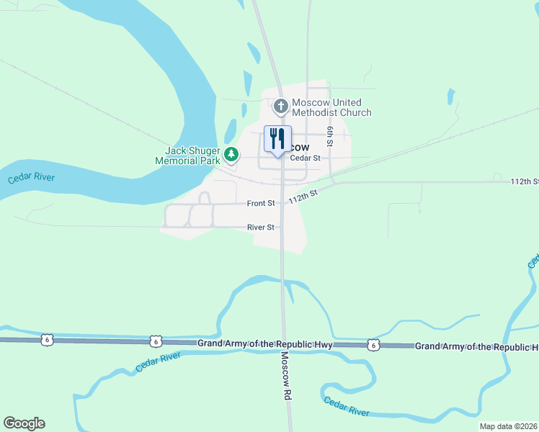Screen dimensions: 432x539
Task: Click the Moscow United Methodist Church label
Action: [x=331, y=107]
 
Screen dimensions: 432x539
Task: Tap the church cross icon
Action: [x=281, y=107]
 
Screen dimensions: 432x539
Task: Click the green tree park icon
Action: [x=231, y=154]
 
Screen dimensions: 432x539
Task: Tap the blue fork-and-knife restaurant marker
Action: [x=277, y=139]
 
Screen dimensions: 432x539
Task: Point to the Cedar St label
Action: [x=305, y=158]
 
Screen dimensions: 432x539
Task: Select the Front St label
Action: [x=261, y=204]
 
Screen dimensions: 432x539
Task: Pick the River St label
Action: [x=261, y=227]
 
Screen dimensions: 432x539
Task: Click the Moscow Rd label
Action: [x=286, y=377]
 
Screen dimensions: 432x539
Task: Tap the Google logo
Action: [x=24, y=423]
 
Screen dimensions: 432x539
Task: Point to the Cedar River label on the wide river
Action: [x=32, y=178]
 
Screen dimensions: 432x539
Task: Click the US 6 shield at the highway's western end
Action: [x=48, y=341]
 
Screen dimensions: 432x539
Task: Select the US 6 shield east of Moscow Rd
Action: [x=373, y=345]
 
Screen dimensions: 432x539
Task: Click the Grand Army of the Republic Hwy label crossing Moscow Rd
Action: [x=264, y=344]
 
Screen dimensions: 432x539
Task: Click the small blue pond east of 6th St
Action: [x=451, y=96]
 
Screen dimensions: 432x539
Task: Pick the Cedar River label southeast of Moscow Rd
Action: [x=346, y=406]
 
